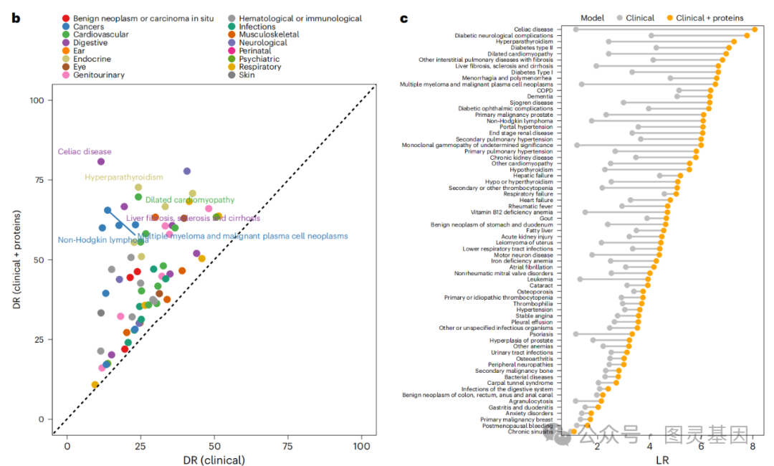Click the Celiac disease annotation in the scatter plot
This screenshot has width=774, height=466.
pyautogui.click(x=85, y=152)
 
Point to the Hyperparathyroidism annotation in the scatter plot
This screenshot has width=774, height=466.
pyautogui.click(x=124, y=177)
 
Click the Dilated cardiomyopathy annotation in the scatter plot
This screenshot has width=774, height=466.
pyautogui.click(x=189, y=200)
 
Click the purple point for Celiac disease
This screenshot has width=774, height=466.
pyautogui.click(x=101, y=162)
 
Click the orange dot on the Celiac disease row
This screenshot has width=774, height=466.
pyautogui.click(x=755, y=29)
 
